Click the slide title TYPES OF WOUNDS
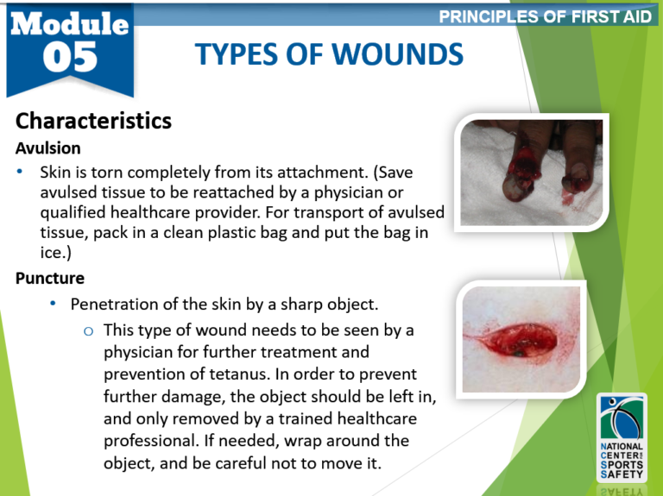[329, 56]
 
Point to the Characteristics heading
[93, 121]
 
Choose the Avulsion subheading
[48, 148]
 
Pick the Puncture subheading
[49, 278]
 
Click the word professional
[152, 441]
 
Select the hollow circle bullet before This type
[88, 331]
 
